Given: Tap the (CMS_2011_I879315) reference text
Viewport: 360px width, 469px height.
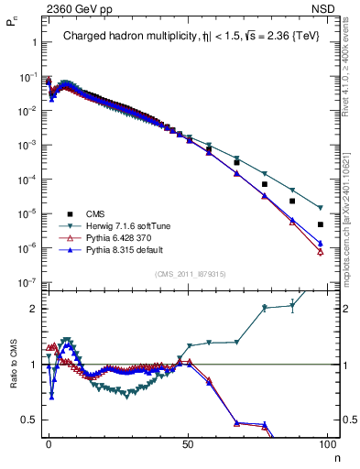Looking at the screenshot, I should [x=187, y=274].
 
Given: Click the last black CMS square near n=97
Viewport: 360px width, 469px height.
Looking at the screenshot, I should [x=320, y=224].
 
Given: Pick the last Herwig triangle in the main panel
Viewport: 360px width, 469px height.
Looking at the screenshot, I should [x=320, y=208].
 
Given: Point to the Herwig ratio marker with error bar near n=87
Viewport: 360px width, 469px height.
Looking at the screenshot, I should [x=292, y=306].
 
